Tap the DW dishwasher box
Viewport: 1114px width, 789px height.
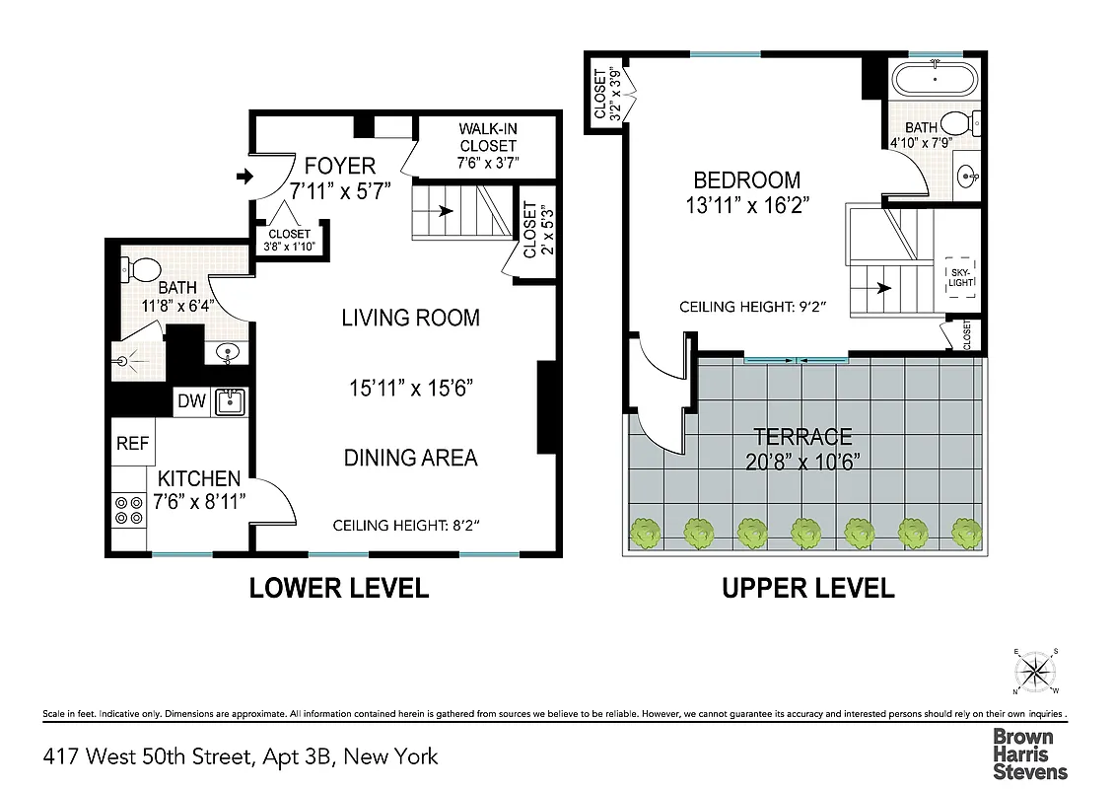pyautogui.click(x=191, y=400)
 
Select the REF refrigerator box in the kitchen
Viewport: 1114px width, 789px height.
pyautogui.click(x=132, y=444)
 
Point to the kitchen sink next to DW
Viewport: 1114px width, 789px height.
pyautogui.click(x=231, y=400)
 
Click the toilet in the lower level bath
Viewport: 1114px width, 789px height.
pyautogui.click(x=141, y=269)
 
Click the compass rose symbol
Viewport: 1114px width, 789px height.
pyautogui.click(x=1034, y=673)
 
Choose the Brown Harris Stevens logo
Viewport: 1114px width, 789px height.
pyautogui.click(x=1029, y=753)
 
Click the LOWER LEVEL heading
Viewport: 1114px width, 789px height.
pyautogui.click(x=338, y=589)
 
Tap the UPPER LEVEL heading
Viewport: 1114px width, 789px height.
pyautogui.click(x=808, y=589)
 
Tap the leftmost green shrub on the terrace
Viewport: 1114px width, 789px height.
pyautogui.click(x=647, y=534)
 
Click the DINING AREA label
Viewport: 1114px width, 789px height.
pyautogui.click(x=410, y=458)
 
